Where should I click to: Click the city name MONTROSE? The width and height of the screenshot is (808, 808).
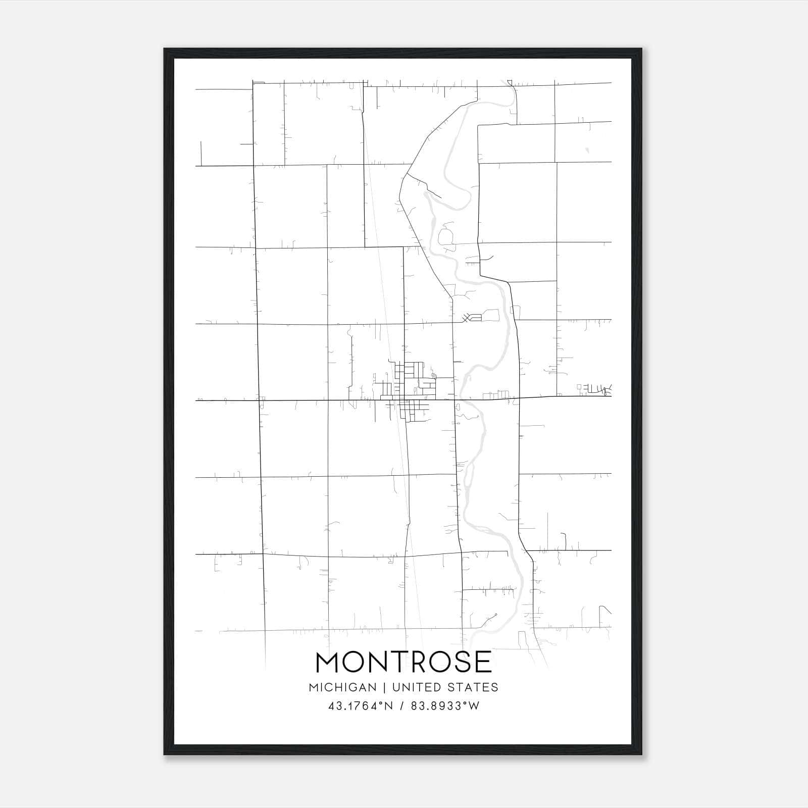[x=403, y=662]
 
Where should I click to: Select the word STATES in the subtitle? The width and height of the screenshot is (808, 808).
[x=474, y=687]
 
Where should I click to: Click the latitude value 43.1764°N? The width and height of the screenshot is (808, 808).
[x=361, y=706]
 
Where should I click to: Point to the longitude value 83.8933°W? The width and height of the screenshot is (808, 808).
[x=445, y=706]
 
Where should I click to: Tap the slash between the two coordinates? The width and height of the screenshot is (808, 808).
[x=402, y=706]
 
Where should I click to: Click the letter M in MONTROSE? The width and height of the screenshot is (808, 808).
[x=331, y=662]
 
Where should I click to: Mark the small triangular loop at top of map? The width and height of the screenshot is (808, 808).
[x=509, y=82]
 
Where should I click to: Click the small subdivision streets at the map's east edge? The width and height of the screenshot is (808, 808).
[x=596, y=389]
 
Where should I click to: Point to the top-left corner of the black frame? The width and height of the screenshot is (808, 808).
[x=165, y=49]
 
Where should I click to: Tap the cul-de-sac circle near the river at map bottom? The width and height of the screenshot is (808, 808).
[x=496, y=615]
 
